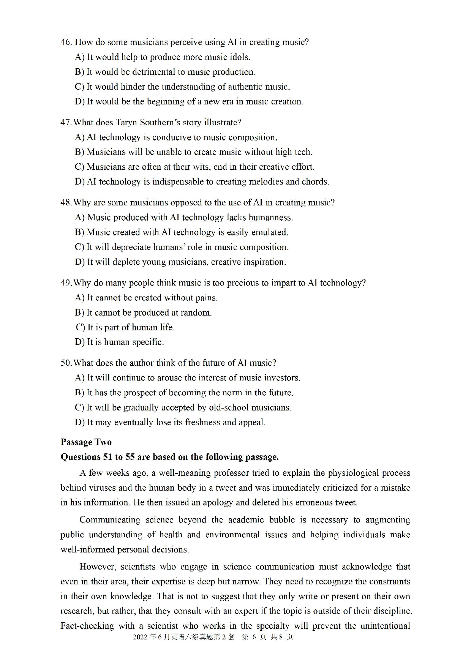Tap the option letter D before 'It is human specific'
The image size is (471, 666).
click(79, 342)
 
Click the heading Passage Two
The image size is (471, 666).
click(86, 442)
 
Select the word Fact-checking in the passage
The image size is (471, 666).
click(87, 626)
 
